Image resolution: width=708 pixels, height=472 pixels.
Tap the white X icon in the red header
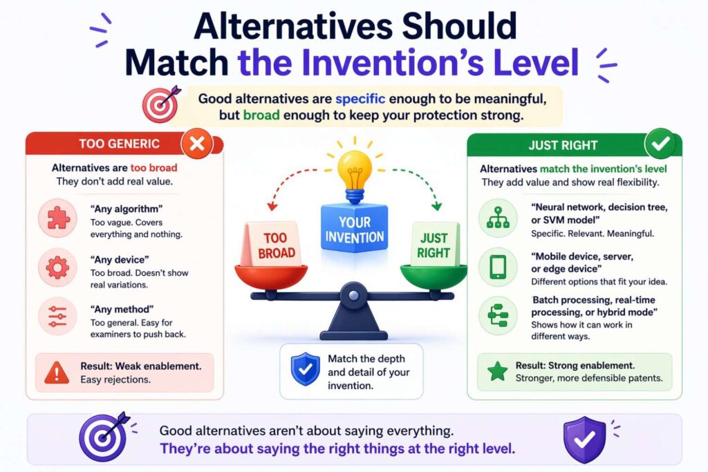[x=196, y=144]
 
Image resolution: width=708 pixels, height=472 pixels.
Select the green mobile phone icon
[x=498, y=267]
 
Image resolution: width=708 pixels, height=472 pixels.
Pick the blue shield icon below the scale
[x=305, y=369]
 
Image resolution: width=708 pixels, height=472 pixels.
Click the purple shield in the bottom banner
[x=584, y=440]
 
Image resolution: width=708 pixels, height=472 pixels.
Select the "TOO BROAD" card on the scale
[x=272, y=245]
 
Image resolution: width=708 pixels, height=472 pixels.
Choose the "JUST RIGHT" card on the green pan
[x=434, y=245]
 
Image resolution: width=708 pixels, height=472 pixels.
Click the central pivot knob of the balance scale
[x=353, y=295]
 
